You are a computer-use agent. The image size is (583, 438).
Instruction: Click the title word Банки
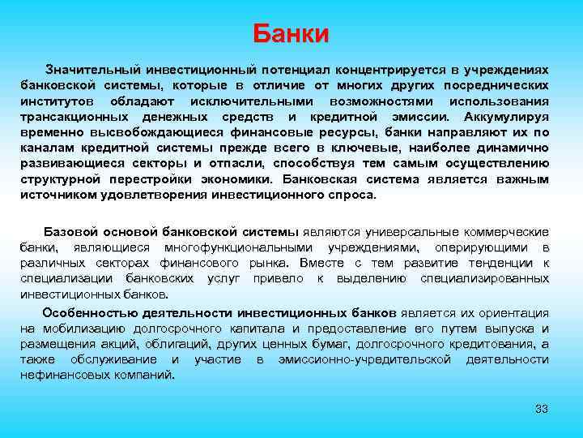[291, 34]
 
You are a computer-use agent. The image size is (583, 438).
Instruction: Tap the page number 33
[542, 408]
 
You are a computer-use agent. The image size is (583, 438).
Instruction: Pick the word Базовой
[69, 232]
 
